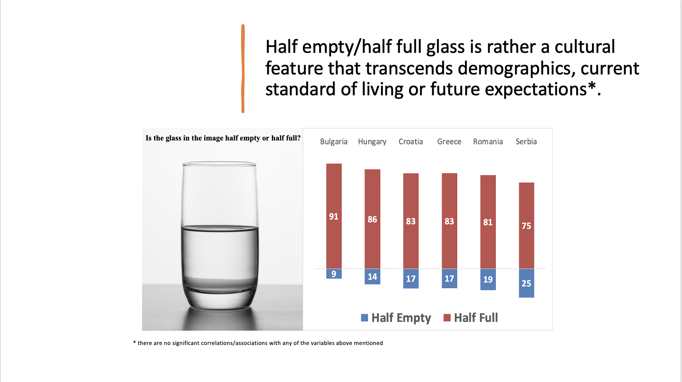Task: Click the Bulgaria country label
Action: point(334,142)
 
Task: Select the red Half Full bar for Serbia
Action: point(526,225)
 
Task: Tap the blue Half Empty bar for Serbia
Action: point(526,283)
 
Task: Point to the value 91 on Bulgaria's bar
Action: point(334,216)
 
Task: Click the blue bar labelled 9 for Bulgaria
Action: point(334,274)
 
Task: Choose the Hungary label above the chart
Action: point(372,142)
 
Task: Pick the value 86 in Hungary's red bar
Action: point(372,220)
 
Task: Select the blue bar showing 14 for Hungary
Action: point(372,276)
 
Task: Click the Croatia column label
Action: point(411,142)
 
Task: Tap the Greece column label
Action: point(449,142)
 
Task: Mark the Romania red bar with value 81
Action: point(488,222)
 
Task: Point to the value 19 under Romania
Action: point(488,279)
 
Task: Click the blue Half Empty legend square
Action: point(365,318)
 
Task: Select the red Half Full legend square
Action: point(447,318)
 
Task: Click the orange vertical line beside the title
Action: point(243,69)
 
